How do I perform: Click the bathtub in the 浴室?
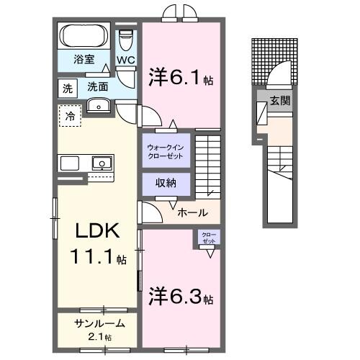(84, 36)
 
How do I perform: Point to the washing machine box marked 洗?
(66, 88)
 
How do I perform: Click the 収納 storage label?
(166, 184)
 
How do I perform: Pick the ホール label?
(193, 212)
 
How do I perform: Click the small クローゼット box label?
(207, 238)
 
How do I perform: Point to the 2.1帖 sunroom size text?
(99, 336)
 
